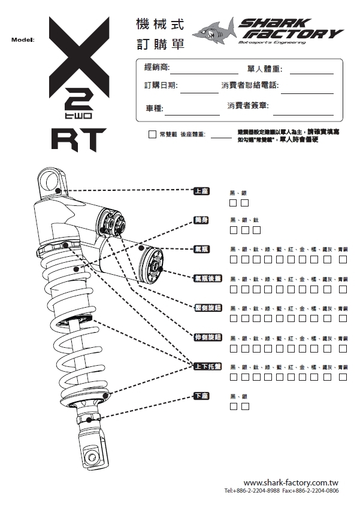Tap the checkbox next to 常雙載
pyautogui.click(x=152, y=134)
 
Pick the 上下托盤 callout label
pyautogui.click(x=207, y=366)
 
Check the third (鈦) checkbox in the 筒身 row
pyautogui.click(x=256, y=230)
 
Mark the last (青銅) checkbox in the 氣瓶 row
pyautogui.click(x=343, y=259)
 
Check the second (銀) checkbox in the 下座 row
pyautogui.click(x=245, y=406)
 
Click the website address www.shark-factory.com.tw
pyautogui.click(x=291, y=482)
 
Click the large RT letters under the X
pyautogui.click(x=78, y=139)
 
